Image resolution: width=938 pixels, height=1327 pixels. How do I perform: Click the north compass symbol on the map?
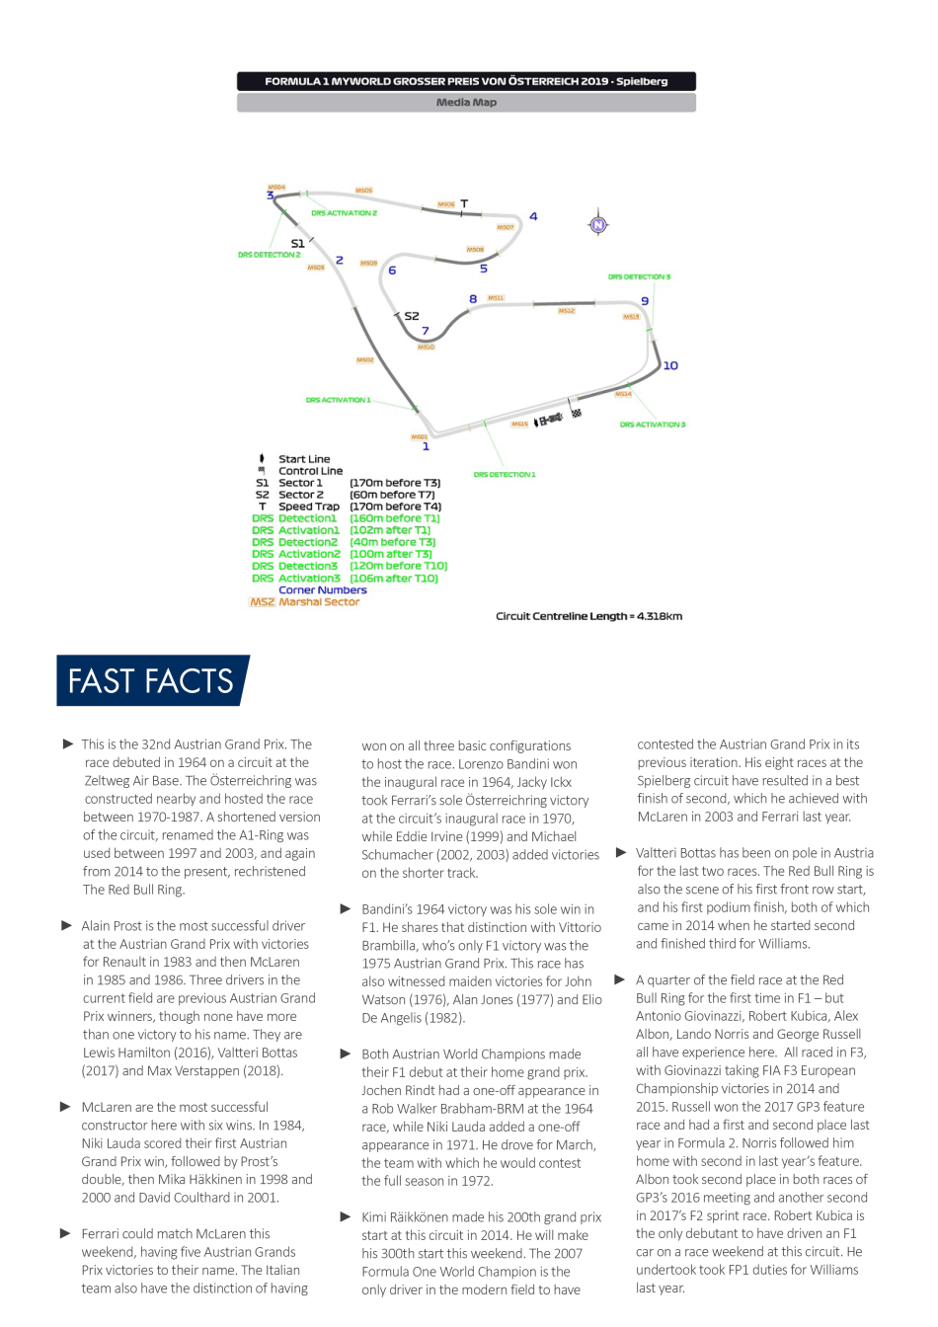[x=598, y=225]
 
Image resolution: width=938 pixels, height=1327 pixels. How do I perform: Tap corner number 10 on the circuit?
[x=670, y=365]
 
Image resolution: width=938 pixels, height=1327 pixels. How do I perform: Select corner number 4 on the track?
[x=533, y=216]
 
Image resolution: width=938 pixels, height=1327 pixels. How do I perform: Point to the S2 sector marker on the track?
[x=412, y=316]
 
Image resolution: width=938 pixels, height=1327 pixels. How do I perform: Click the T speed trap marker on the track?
[x=464, y=204]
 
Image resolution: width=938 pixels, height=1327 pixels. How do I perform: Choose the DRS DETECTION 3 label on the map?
[x=639, y=276]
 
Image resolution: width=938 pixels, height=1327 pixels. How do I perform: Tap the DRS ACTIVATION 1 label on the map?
[x=338, y=400]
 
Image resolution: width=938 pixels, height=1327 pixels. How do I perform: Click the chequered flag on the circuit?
[x=576, y=413]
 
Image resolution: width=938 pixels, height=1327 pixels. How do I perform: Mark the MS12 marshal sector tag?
[x=567, y=311]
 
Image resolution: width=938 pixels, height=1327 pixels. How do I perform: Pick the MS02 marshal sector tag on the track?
[x=365, y=360]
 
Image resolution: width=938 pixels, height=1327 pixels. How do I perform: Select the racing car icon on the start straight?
[x=550, y=420]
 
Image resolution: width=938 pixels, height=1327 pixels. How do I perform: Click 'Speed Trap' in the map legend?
[x=309, y=507]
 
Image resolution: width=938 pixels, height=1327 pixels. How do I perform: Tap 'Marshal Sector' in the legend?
[x=319, y=601]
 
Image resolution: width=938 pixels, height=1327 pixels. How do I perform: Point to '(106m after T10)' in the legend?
[x=394, y=579]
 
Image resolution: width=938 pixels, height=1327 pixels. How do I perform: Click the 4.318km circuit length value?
[x=660, y=616]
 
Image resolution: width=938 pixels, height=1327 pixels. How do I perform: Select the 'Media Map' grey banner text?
[x=466, y=103]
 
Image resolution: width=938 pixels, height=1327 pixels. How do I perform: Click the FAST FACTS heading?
[x=150, y=681]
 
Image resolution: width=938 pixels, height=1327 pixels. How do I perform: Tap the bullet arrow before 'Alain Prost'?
[x=67, y=926]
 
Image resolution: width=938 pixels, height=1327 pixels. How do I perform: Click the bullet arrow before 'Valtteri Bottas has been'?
[x=621, y=852]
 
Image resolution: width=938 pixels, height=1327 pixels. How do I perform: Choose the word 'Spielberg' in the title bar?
[x=642, y=82]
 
